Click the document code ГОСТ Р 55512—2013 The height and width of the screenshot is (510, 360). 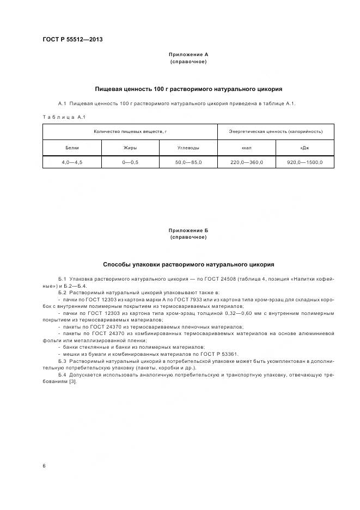[x=73, y=40]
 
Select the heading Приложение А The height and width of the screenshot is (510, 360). [x=188, y=54]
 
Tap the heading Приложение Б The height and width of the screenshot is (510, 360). [x=188, y=230]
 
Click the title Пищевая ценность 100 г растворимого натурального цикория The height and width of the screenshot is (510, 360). [x=188, y=89]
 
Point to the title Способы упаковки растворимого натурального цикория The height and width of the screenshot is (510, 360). [x=188, y=264]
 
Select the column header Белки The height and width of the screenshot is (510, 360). [x=72, y=148]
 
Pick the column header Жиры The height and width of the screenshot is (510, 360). [x=130, y=148]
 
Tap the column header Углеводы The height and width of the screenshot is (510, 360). [x=188, y=148]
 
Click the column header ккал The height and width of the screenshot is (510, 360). [x=246, y=148]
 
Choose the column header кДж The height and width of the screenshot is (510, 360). [x=304, y=148]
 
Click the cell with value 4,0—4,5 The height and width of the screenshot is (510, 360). [x=72, y=162]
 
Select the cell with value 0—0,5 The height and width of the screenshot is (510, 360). [x=130, y=162]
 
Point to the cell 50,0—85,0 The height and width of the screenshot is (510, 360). [x=188, y=162]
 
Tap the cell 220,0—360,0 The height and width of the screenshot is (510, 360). [x=246, y=162]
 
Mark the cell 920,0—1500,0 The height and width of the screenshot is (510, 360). [x=304, y=162]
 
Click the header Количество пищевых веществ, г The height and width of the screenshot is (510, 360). [x=130, y=131]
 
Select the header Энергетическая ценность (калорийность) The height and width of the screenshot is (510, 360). [x=276, y=131]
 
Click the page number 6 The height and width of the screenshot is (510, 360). [x=44, y=466]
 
